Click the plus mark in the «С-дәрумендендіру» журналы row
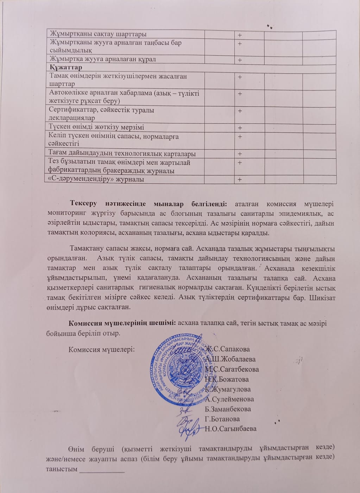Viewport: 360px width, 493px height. (x=240, y=179)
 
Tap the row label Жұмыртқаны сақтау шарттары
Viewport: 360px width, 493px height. (x=98, y=34)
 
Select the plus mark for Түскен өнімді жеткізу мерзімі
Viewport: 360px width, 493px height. (x=240, y=128)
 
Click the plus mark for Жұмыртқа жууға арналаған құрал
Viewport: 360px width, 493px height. (x=240, y=60)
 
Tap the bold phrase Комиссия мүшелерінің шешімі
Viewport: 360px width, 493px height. (x=122, y=323)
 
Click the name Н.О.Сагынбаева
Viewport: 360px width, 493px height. (x=230, y=429)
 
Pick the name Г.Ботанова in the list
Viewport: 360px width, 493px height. (x=222, y=419)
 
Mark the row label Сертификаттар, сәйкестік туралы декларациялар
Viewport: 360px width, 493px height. (x=102, y=114)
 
